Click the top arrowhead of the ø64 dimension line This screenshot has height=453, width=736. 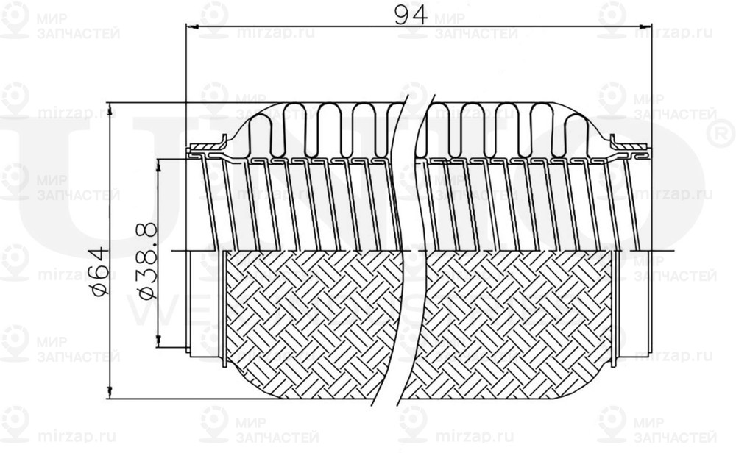coord(110,106)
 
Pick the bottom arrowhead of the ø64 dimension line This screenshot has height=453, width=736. coord(110,394)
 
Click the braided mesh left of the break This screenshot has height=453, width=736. coord(309,324)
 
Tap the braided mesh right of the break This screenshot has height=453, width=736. coord(508,324)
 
